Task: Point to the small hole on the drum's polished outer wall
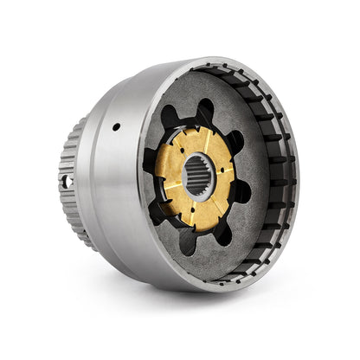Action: pos(116,126)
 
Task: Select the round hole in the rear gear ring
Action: pos(63,182)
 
